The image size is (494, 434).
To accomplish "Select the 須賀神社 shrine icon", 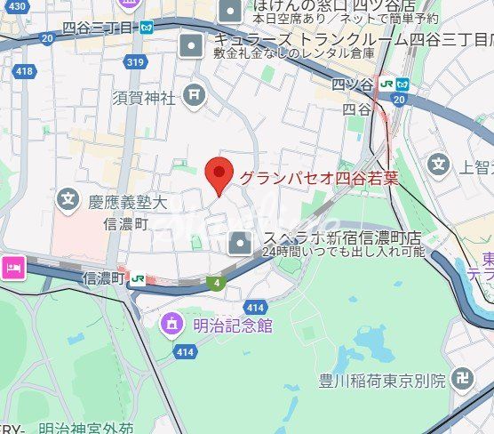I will coord(195,93).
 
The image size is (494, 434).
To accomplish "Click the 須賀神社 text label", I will coord(144,98).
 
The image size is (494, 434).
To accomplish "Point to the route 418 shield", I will coord(24,70).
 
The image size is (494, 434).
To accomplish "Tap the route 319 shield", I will coord(135,62).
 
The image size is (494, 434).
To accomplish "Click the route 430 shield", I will coord(17,6).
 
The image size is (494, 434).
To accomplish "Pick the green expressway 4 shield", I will coord(216,284).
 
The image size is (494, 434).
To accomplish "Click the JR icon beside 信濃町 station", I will coord(137,279).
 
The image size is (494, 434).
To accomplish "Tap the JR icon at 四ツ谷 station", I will coord(386,82).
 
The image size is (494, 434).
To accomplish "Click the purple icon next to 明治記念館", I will coord(171,325).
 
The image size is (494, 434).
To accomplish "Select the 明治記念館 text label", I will coord(233,325).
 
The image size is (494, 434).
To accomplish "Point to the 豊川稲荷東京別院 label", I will coord(382,381).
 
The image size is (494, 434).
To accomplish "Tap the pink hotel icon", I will coord(13,266).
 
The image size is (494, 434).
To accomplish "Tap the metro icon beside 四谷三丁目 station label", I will coord(146,27).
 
